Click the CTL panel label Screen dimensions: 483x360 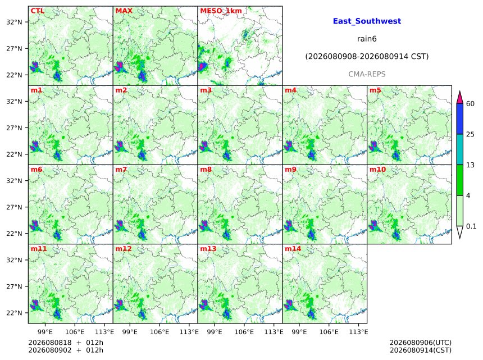tap(37, 11)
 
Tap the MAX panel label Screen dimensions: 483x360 tap(124, 11)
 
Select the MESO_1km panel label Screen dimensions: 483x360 tap(221, 11)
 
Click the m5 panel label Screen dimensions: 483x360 tap(375, 90)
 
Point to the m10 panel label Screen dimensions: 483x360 tap(377, 170)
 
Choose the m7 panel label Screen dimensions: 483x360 tap(121, 170)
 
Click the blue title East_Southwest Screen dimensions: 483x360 tap(367, 21)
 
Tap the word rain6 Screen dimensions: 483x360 tap(367, 39)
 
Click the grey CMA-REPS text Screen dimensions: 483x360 tap(367, 74)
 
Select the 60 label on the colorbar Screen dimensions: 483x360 tap(470, 104)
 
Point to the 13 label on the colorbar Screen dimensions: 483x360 tap(470, 165)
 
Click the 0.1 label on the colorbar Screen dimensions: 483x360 tap(471, 226)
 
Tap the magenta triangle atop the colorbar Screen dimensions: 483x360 tap(459, 98)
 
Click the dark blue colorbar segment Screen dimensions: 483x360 tap(459, 119)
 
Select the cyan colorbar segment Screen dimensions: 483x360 tap(459, 149)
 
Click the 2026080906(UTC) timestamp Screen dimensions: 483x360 tap(421, 343)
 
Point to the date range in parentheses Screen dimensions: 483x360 tap(367, 57)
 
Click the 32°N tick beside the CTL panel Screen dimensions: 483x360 tap(14, 22)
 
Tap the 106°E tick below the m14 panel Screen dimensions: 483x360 tap(329, 332)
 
